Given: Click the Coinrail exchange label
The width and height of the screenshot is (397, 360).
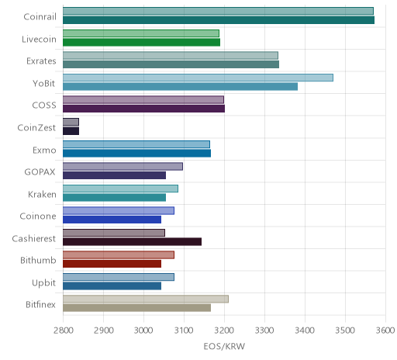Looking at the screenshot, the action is click(40, 17).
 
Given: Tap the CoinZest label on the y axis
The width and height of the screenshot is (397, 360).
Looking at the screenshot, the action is click(36, 128).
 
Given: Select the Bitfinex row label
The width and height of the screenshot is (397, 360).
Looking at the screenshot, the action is click(40, 305).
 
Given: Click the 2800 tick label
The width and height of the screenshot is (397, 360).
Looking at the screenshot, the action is click(63, 331).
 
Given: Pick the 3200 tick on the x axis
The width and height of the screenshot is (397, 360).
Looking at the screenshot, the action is click(224, 331).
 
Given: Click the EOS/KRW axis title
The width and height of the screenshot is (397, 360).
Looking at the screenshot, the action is click(224, 346).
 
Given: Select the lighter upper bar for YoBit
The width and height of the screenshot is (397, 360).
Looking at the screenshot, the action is click(198, 78).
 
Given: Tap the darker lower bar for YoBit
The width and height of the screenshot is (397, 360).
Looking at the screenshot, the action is click(180, 87).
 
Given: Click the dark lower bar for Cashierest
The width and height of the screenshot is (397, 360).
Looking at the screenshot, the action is click(132, 242).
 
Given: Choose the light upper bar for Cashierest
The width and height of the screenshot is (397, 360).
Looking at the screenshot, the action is click(114, 233).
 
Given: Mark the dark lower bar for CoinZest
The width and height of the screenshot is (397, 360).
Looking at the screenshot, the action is click(71, 131).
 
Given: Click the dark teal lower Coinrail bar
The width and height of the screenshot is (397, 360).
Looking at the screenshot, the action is click(219, 20).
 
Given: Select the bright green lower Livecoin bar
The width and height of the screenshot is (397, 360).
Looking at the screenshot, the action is click(141, 42).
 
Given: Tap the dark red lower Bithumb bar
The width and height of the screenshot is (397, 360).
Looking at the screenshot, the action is click(112, 264).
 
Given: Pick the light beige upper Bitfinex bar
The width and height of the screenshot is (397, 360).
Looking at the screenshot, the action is click(146, 299).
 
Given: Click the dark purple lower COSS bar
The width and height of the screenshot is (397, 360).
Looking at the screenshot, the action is click(143, 109).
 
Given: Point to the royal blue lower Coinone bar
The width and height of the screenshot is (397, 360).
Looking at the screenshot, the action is click(112, 220).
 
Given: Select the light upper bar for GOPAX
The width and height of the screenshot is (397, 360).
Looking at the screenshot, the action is click(123, 166).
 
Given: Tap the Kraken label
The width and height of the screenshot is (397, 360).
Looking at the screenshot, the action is click(42, 194).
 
